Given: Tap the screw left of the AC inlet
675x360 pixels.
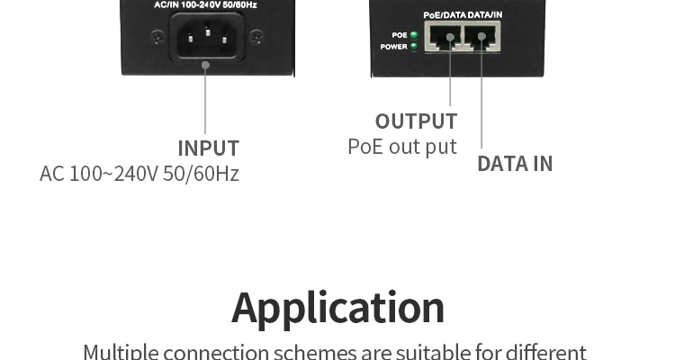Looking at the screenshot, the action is pos(158,37).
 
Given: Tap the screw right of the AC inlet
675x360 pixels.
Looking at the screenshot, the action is pos(256,37).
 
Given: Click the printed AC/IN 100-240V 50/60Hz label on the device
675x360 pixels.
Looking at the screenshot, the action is pos(206,4).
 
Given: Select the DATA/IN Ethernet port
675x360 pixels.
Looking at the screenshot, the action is pos(481,39).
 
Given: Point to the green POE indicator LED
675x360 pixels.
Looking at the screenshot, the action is pos(414,35).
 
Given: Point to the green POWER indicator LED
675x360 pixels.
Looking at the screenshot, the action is pos(414,46).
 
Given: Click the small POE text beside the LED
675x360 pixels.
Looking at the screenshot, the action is pos(400,35).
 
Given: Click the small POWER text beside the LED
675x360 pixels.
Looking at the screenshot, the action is pos(394,47).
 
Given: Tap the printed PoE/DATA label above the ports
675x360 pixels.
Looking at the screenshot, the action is pos(445,15).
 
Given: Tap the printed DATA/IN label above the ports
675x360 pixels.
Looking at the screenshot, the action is pos(485,15).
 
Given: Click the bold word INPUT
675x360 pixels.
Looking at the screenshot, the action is pos(208,148).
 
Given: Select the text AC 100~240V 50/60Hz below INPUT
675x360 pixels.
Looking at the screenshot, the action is pos(139,173).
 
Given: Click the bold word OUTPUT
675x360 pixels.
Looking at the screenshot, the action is pos(416,121).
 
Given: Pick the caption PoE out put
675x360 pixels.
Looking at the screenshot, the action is pos(402,146).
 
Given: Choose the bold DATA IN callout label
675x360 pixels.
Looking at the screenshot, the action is pos(515,164).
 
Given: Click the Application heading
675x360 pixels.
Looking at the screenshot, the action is pos(337,307).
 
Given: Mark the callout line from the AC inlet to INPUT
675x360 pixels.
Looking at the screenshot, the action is pos(205,99).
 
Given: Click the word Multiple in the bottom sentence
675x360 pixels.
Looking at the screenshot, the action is pos(120,351).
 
